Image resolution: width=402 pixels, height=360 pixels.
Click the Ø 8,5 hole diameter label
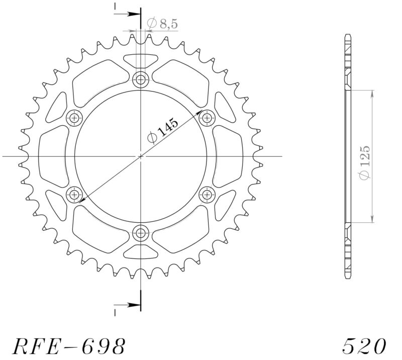click(162, 23)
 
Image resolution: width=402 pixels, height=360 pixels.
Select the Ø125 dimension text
click(365, 162)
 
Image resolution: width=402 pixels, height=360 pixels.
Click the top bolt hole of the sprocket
click(141, 79)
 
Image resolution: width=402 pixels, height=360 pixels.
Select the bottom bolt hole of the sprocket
click(141, 233)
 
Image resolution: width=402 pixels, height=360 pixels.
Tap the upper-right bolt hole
click(207, 118)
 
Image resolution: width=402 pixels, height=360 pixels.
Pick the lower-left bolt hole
click(75, 194)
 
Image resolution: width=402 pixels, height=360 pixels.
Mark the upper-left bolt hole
click(75, 118)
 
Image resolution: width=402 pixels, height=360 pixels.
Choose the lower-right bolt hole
click(207, 194)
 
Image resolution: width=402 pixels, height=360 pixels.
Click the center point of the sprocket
click(141, 156)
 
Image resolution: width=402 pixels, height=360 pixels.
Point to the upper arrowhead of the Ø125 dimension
click(372, 94)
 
